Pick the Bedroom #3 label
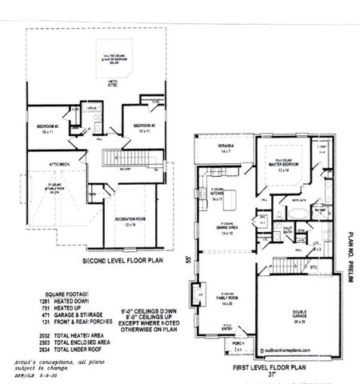click(144, 127)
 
